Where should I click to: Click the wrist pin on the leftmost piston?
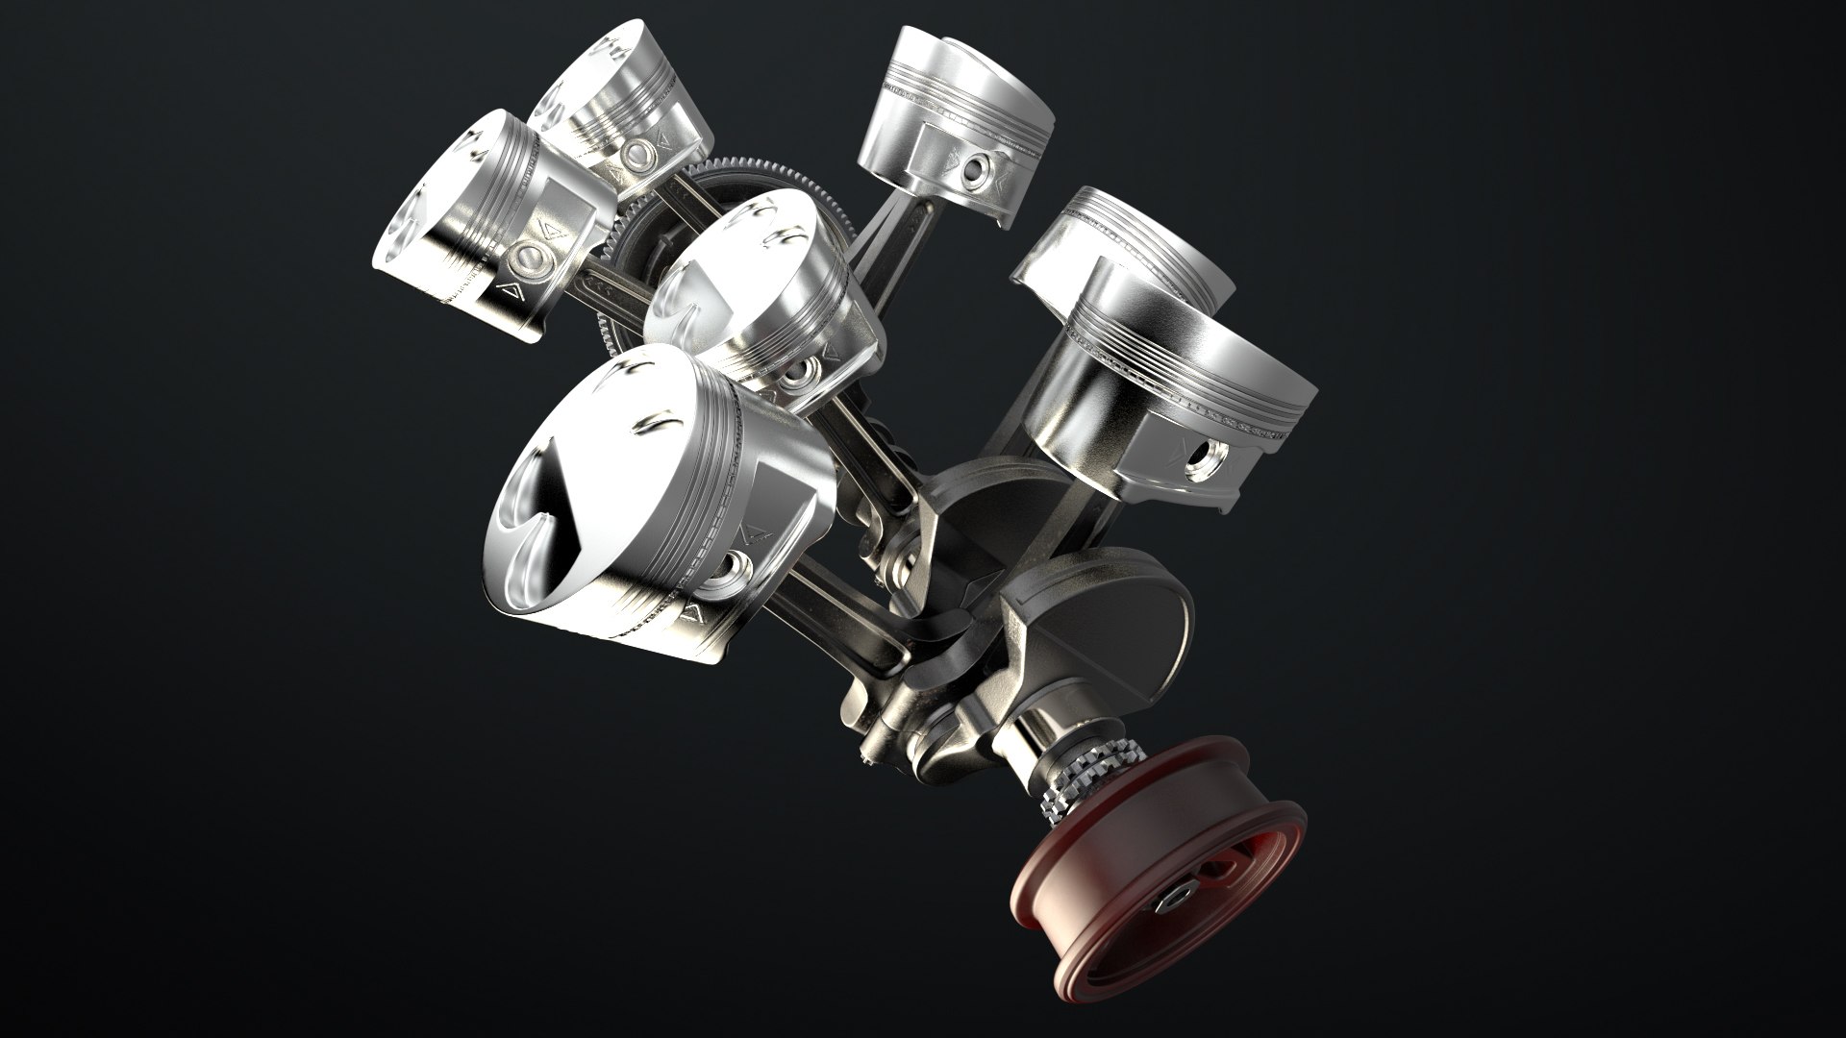(x=530, y=257)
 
